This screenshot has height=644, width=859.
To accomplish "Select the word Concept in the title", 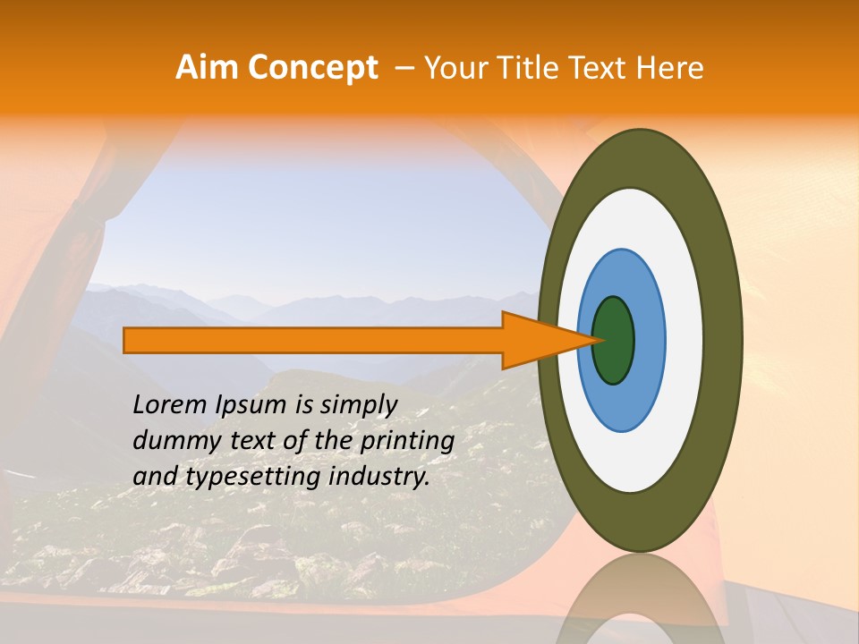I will coord(311,68).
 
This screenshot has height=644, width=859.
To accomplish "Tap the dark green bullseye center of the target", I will coord(613,340).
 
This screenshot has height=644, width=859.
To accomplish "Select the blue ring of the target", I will coord(649,340).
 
